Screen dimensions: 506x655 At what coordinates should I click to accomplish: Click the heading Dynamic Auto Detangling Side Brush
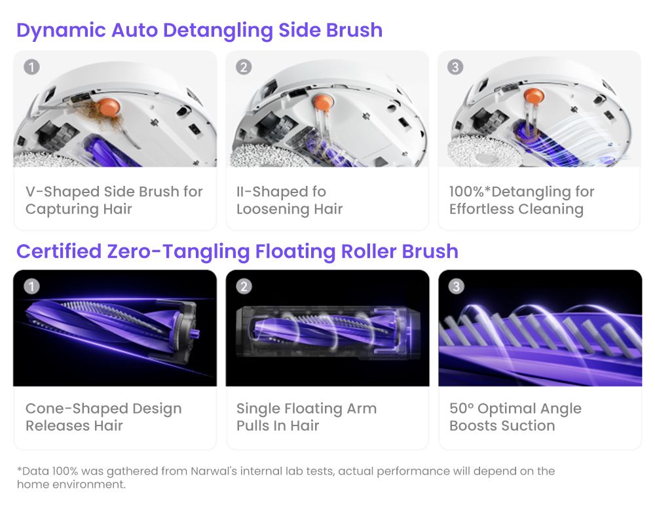tap(199, 30)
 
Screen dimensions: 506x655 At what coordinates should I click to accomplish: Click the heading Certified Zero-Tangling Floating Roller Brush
tap(237, 251)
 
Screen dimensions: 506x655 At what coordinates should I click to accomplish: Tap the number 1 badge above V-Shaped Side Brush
tap(31, 67)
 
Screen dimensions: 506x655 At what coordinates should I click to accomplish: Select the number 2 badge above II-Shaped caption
tap(244, 67)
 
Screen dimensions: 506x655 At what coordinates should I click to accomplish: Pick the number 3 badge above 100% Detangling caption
tap(455, 67)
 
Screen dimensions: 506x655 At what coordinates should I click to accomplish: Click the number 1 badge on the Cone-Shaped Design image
tap(31, 286)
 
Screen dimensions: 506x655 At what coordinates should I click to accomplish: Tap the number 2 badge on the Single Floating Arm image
tap(244, 286)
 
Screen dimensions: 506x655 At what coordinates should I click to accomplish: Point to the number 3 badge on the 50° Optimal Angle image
tap(455, 286)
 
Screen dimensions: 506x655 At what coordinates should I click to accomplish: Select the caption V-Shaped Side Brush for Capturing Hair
tap(114, 200)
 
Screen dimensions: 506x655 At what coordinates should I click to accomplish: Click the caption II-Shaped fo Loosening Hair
tap(290, 200)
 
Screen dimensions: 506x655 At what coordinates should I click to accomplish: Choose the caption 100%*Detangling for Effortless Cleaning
tap(521, 200)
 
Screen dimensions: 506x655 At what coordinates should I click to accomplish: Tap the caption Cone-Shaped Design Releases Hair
tap(103, 417)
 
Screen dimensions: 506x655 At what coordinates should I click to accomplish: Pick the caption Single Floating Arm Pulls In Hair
tap(307, 417)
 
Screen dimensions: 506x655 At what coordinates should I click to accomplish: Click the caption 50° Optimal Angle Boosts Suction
tap(515, 417)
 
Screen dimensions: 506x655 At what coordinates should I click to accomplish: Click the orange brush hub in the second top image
tap(322, 101)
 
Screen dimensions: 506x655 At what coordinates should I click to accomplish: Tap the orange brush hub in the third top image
tap(534, 98)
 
